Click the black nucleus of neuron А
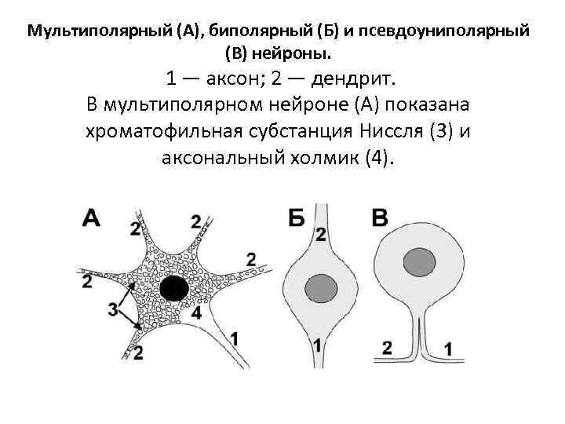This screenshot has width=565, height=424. click(173, 288)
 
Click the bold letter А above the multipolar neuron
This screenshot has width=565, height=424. click(91, 217)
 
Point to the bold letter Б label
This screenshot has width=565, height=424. click(296, 217)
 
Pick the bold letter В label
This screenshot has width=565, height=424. click(380, 217)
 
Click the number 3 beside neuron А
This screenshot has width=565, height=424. click(113, 309)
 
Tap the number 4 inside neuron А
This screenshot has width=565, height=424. click(196, 313)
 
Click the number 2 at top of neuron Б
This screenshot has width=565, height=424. click(320, 234)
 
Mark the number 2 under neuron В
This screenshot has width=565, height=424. click(386, 347)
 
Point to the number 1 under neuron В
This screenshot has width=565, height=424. click(447, 347)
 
